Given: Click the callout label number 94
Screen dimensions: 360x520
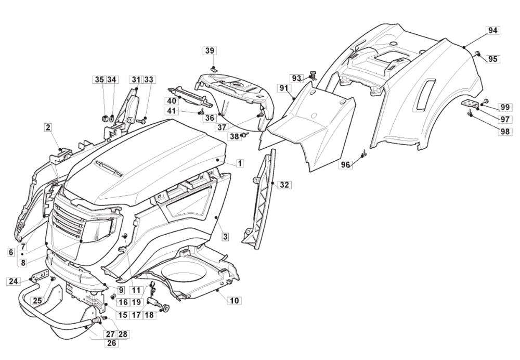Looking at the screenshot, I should click(492, 31).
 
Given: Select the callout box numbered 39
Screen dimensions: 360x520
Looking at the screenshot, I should click(210, 50).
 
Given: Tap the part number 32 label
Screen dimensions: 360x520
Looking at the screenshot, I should click(284, 185).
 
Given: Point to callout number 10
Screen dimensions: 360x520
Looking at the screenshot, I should click(234, 300).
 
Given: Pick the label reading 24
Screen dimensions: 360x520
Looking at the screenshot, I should click(14, 281).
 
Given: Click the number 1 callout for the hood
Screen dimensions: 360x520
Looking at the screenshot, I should click(240, 163).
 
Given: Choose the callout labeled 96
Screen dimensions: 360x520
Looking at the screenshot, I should click(346, 165).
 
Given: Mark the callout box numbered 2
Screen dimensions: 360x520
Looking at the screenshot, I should click(48, 127).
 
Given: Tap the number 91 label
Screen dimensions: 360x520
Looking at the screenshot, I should click(284, 88).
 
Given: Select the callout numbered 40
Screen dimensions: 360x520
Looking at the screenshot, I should click(172, 100).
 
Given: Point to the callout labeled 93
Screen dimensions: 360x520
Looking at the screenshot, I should click(296, 78).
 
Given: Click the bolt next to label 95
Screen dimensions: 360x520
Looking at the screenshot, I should click(477, 52).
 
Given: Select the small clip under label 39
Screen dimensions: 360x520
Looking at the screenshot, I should click(213, 68).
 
